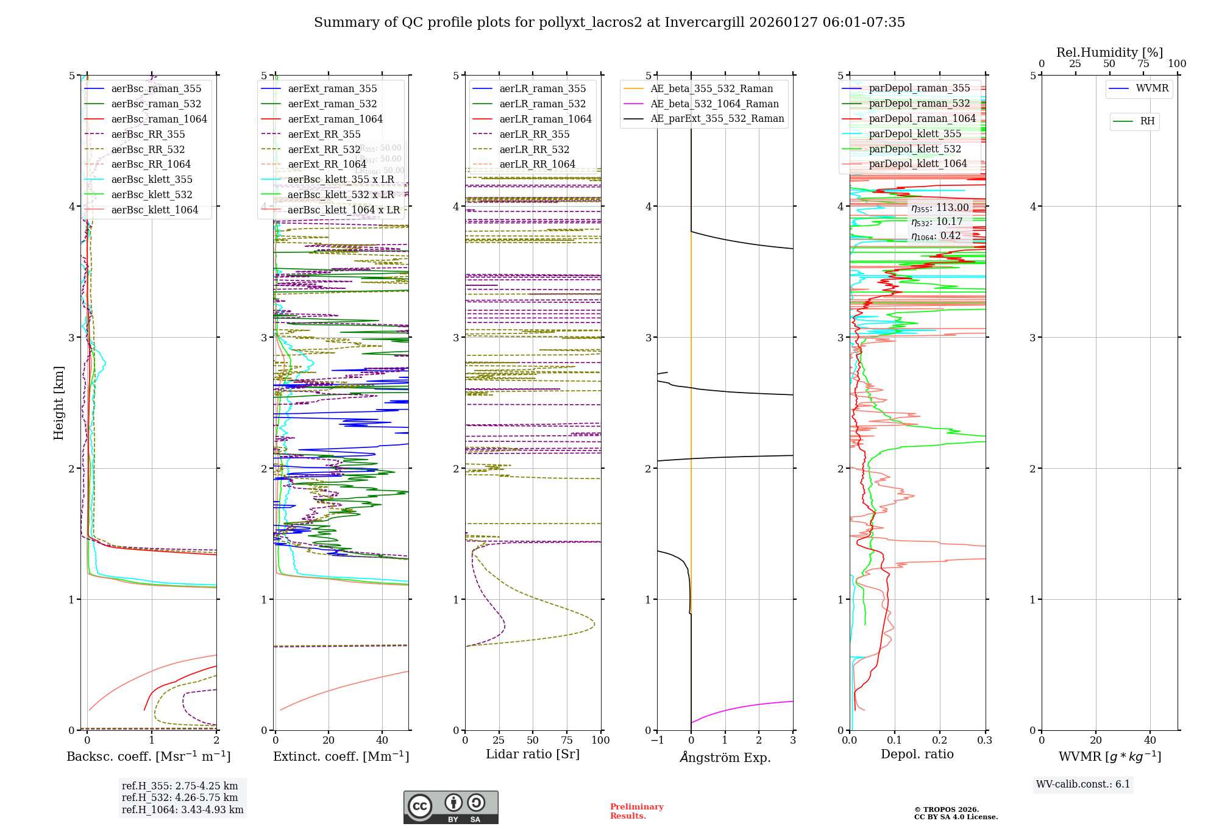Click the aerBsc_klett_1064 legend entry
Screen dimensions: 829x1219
tap(154, 210)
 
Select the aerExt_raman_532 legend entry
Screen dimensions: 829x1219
tap(332, 104)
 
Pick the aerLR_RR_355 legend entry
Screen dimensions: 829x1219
tap(534, 134)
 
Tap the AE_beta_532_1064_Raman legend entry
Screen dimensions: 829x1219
tap(714, 104)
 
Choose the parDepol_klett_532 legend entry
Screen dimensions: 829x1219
tap(914, 149)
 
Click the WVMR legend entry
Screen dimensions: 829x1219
tap(1152, 88)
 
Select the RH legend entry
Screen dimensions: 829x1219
tap(1147, 121)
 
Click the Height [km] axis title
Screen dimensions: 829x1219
tap(59, 402)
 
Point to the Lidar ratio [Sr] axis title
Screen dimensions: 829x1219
tap(533, 754)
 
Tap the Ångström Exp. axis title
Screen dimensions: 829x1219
tap(725, 757)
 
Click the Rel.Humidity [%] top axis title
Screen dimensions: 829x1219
tap(1109, 52)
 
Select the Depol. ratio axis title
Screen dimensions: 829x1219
tap(917, 754)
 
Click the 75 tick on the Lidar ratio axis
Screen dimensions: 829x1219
tap(567, 740)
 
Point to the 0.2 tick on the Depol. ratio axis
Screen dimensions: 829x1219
tap(940, 740)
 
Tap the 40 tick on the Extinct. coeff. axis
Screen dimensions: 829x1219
tap(382, 740)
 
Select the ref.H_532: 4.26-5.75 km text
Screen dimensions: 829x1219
tap(180, 797)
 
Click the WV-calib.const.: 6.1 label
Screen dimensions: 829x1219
tap(1083, 785)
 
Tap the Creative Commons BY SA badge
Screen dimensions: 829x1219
tap(450, 807)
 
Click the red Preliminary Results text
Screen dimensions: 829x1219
tap(636, 811)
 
